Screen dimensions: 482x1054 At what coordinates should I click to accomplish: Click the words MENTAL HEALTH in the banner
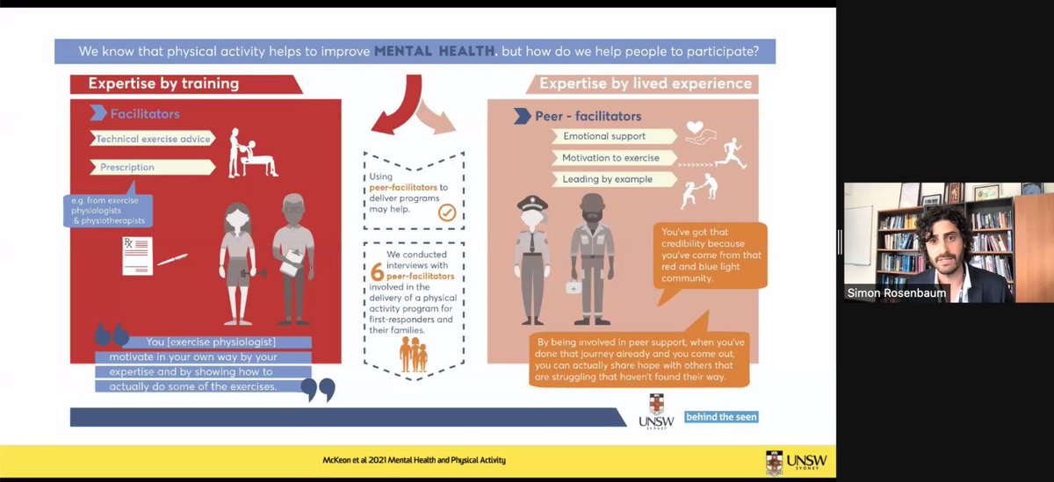pyautogui.click(x=436, y=51)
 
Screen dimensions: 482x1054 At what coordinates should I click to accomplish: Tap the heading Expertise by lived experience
pyautogui.click(x=646, y=84)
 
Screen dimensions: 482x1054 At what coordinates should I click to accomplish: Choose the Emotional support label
pyautogui.click(x=605, y=136)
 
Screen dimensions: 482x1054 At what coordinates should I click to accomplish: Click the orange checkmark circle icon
pyautogui.click(x=446, y=212)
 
